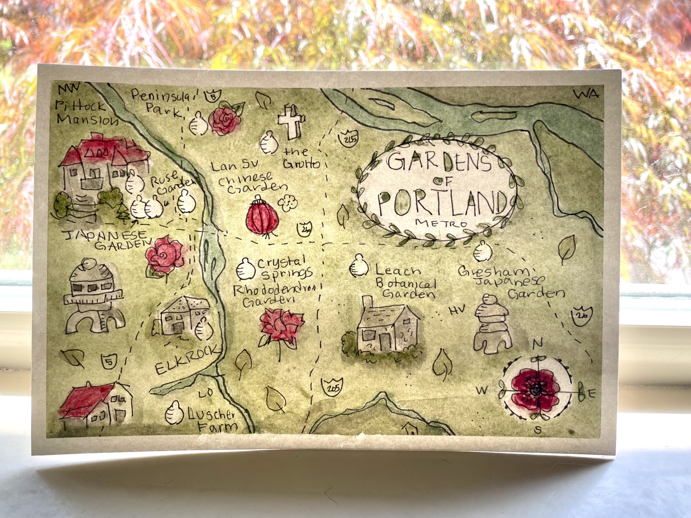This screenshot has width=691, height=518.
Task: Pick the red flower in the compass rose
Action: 536,390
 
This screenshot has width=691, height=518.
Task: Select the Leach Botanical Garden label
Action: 405,282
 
